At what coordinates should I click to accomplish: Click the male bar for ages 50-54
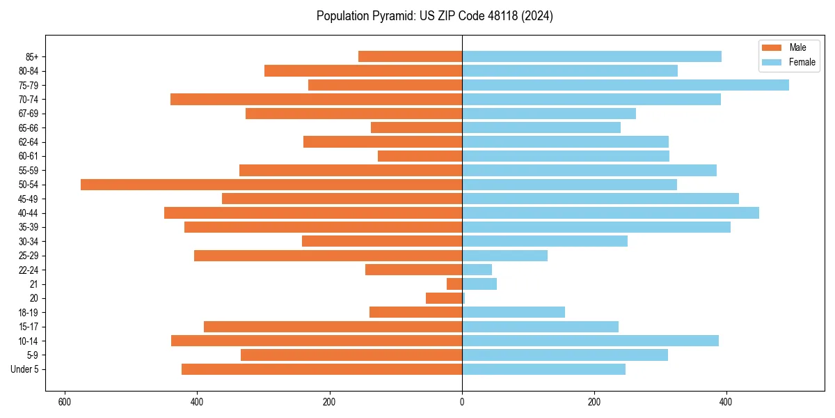point(271,185)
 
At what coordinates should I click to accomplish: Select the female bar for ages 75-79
point(625,85)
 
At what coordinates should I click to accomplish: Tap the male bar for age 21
point(454,284)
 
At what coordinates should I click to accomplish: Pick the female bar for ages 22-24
point(477,270)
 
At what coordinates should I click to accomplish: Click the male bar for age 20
point(444,298)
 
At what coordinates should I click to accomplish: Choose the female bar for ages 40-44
point(610,213)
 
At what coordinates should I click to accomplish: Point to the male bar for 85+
point(410,56)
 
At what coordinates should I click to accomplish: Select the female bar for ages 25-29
point(504,256)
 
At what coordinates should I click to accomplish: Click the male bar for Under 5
point(321,369)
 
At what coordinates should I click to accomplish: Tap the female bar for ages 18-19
point(514,312)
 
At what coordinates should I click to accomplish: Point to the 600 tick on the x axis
point(65,402)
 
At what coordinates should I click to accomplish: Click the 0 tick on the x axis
point(462,402)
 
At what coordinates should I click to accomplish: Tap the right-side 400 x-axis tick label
point(726,402)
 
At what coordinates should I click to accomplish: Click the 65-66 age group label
point(29,127)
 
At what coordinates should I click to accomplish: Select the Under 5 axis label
point(24,369)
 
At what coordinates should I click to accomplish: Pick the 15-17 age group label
point(29,327)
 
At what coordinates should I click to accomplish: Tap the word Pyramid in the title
point(392,16)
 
